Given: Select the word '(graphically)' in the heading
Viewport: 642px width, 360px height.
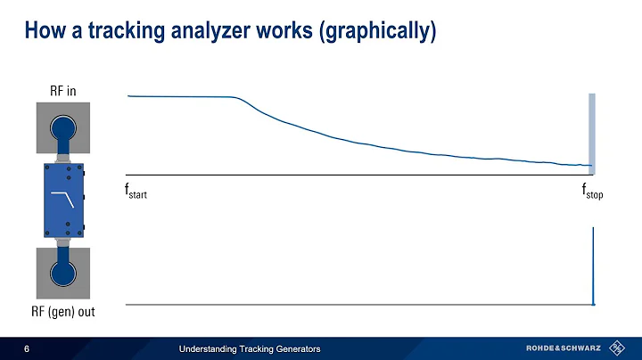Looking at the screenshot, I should tap(380, 33).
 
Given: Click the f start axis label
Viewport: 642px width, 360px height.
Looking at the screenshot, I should tap(135, 192).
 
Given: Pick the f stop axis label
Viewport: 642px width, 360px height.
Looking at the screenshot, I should tap(592, 192).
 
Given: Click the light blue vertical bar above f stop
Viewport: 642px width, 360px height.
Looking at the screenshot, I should tap(590, 134).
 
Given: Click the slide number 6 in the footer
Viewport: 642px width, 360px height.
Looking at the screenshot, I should tap(27, 348).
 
